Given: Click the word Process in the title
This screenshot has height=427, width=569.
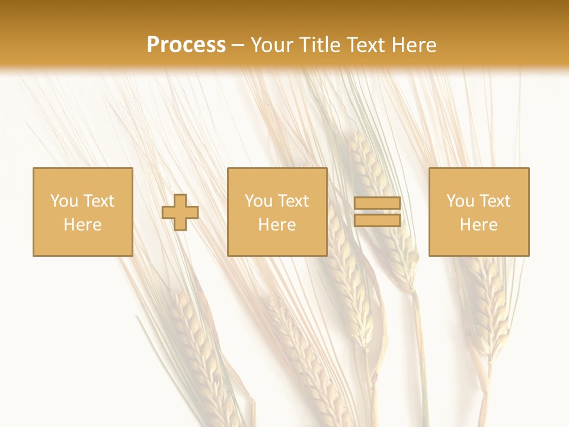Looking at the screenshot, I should click(x=186, y=45).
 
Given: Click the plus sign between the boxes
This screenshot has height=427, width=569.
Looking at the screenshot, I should click(x=180, y=212).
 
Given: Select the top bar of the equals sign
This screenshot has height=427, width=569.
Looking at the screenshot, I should click(x=377, y=203).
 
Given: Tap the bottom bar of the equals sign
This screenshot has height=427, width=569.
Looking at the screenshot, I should click(x=377, y=221).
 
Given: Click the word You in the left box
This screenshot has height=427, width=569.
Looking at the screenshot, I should click(x=63, y=201).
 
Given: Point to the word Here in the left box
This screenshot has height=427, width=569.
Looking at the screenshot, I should click(x=82, y=225).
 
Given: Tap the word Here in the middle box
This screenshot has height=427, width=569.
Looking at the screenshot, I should click(x=277, y=225).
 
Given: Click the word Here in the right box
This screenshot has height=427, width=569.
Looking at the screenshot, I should click(x=478, y=225).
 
